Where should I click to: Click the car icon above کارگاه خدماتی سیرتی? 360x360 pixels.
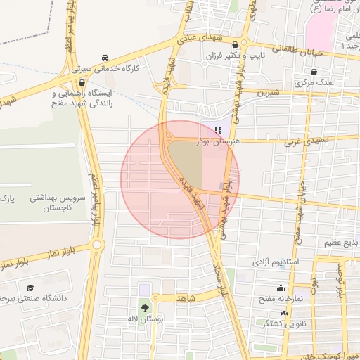click(105, 58)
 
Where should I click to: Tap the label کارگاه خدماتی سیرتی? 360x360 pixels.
click(105, 70)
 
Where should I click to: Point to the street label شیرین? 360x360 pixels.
click(269, 91)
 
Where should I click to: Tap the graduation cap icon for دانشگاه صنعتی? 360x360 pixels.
click(30, 288)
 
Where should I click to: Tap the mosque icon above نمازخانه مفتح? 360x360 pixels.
click(281, 288)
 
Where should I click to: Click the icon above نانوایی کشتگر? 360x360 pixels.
click(284, 312)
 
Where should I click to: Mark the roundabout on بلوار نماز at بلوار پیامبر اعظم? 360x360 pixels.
click(96, 245)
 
